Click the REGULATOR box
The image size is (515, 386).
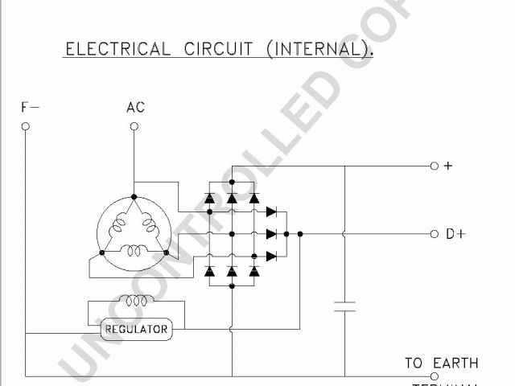(x=137, y=329)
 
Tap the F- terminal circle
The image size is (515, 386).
(x=25, y=126)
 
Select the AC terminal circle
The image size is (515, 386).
(x=134, y=126)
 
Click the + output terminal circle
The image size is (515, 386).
(x=435, y=166)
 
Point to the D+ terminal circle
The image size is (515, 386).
(x=435, y=234)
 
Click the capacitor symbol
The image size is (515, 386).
(x=344, y=306)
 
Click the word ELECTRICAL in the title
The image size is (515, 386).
(x=117, y=49)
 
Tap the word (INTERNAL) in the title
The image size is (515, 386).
(x=319, y=49)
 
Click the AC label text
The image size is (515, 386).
(x=135, y=107)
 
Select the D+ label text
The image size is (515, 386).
(x=455, y=235)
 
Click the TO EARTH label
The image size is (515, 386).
(x=441, y=363)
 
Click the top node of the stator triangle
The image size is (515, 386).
(x=134, y=197)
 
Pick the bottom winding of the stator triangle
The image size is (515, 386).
(x=134, y=251)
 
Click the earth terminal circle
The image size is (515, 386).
(x=435, y=376)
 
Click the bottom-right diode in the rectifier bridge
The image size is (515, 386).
(x=254, y=272)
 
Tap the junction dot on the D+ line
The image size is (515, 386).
(x=299, y=234)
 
